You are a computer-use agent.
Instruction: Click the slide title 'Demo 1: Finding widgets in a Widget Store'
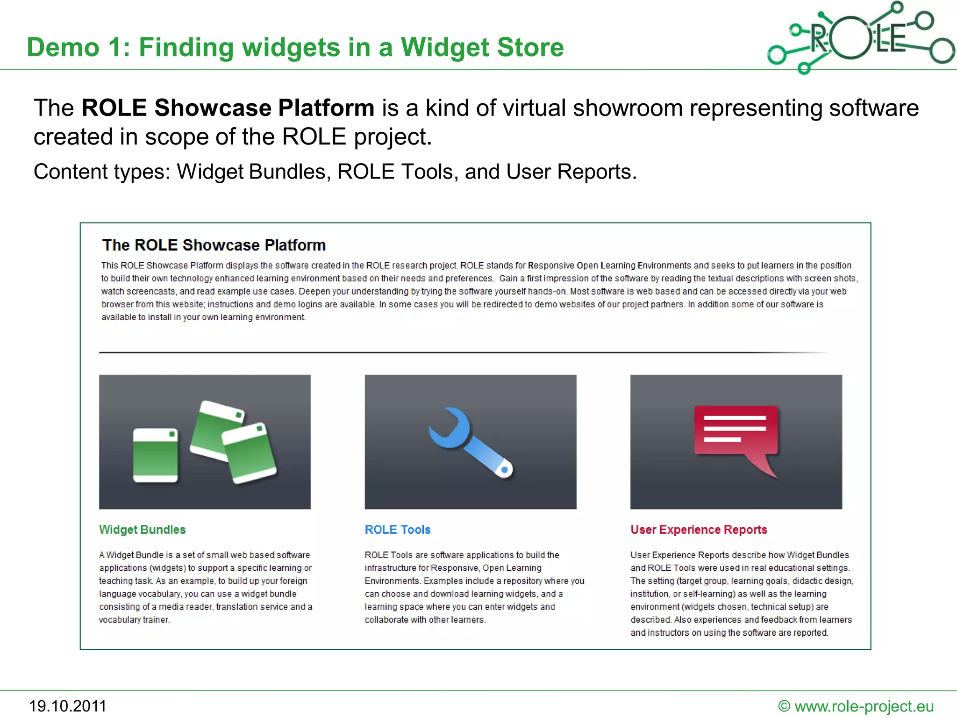295,47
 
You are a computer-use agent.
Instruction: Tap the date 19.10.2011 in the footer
68,706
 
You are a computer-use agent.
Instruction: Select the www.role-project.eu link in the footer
864,706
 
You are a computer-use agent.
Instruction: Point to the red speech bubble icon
736,432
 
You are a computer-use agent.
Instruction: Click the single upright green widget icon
155,455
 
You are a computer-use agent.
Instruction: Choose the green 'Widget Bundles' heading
142,530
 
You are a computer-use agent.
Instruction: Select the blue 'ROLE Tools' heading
397,530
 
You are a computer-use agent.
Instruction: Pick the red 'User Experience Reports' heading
699,530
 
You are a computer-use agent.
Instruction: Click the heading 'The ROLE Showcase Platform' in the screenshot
214,245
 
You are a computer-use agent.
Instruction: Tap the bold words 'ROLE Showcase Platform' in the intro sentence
228,108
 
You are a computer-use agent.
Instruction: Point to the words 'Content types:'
102,172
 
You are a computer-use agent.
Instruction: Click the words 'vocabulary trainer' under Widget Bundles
134,620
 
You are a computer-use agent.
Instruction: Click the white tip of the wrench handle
505,470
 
